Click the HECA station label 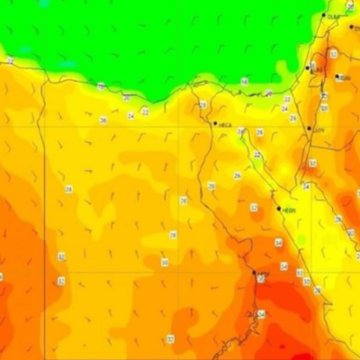coord(225,125)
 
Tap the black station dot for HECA coord(215,123)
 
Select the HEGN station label coord(289,210)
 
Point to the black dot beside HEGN coord(279,208)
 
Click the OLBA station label coord(334,17)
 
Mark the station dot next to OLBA coord(324,15)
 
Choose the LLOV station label coord(318,129)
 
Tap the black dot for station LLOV coord(310,128)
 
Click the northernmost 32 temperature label coord(332,54)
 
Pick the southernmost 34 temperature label coord(283,266)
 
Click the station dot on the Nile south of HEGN coord(255,273)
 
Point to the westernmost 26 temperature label coord(103,120)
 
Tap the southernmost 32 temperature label coord(169,338)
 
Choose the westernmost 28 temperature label coord(68,189)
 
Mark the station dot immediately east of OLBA coord(352,26)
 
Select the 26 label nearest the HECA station coord(240,131)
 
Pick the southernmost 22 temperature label coord(257,155)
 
